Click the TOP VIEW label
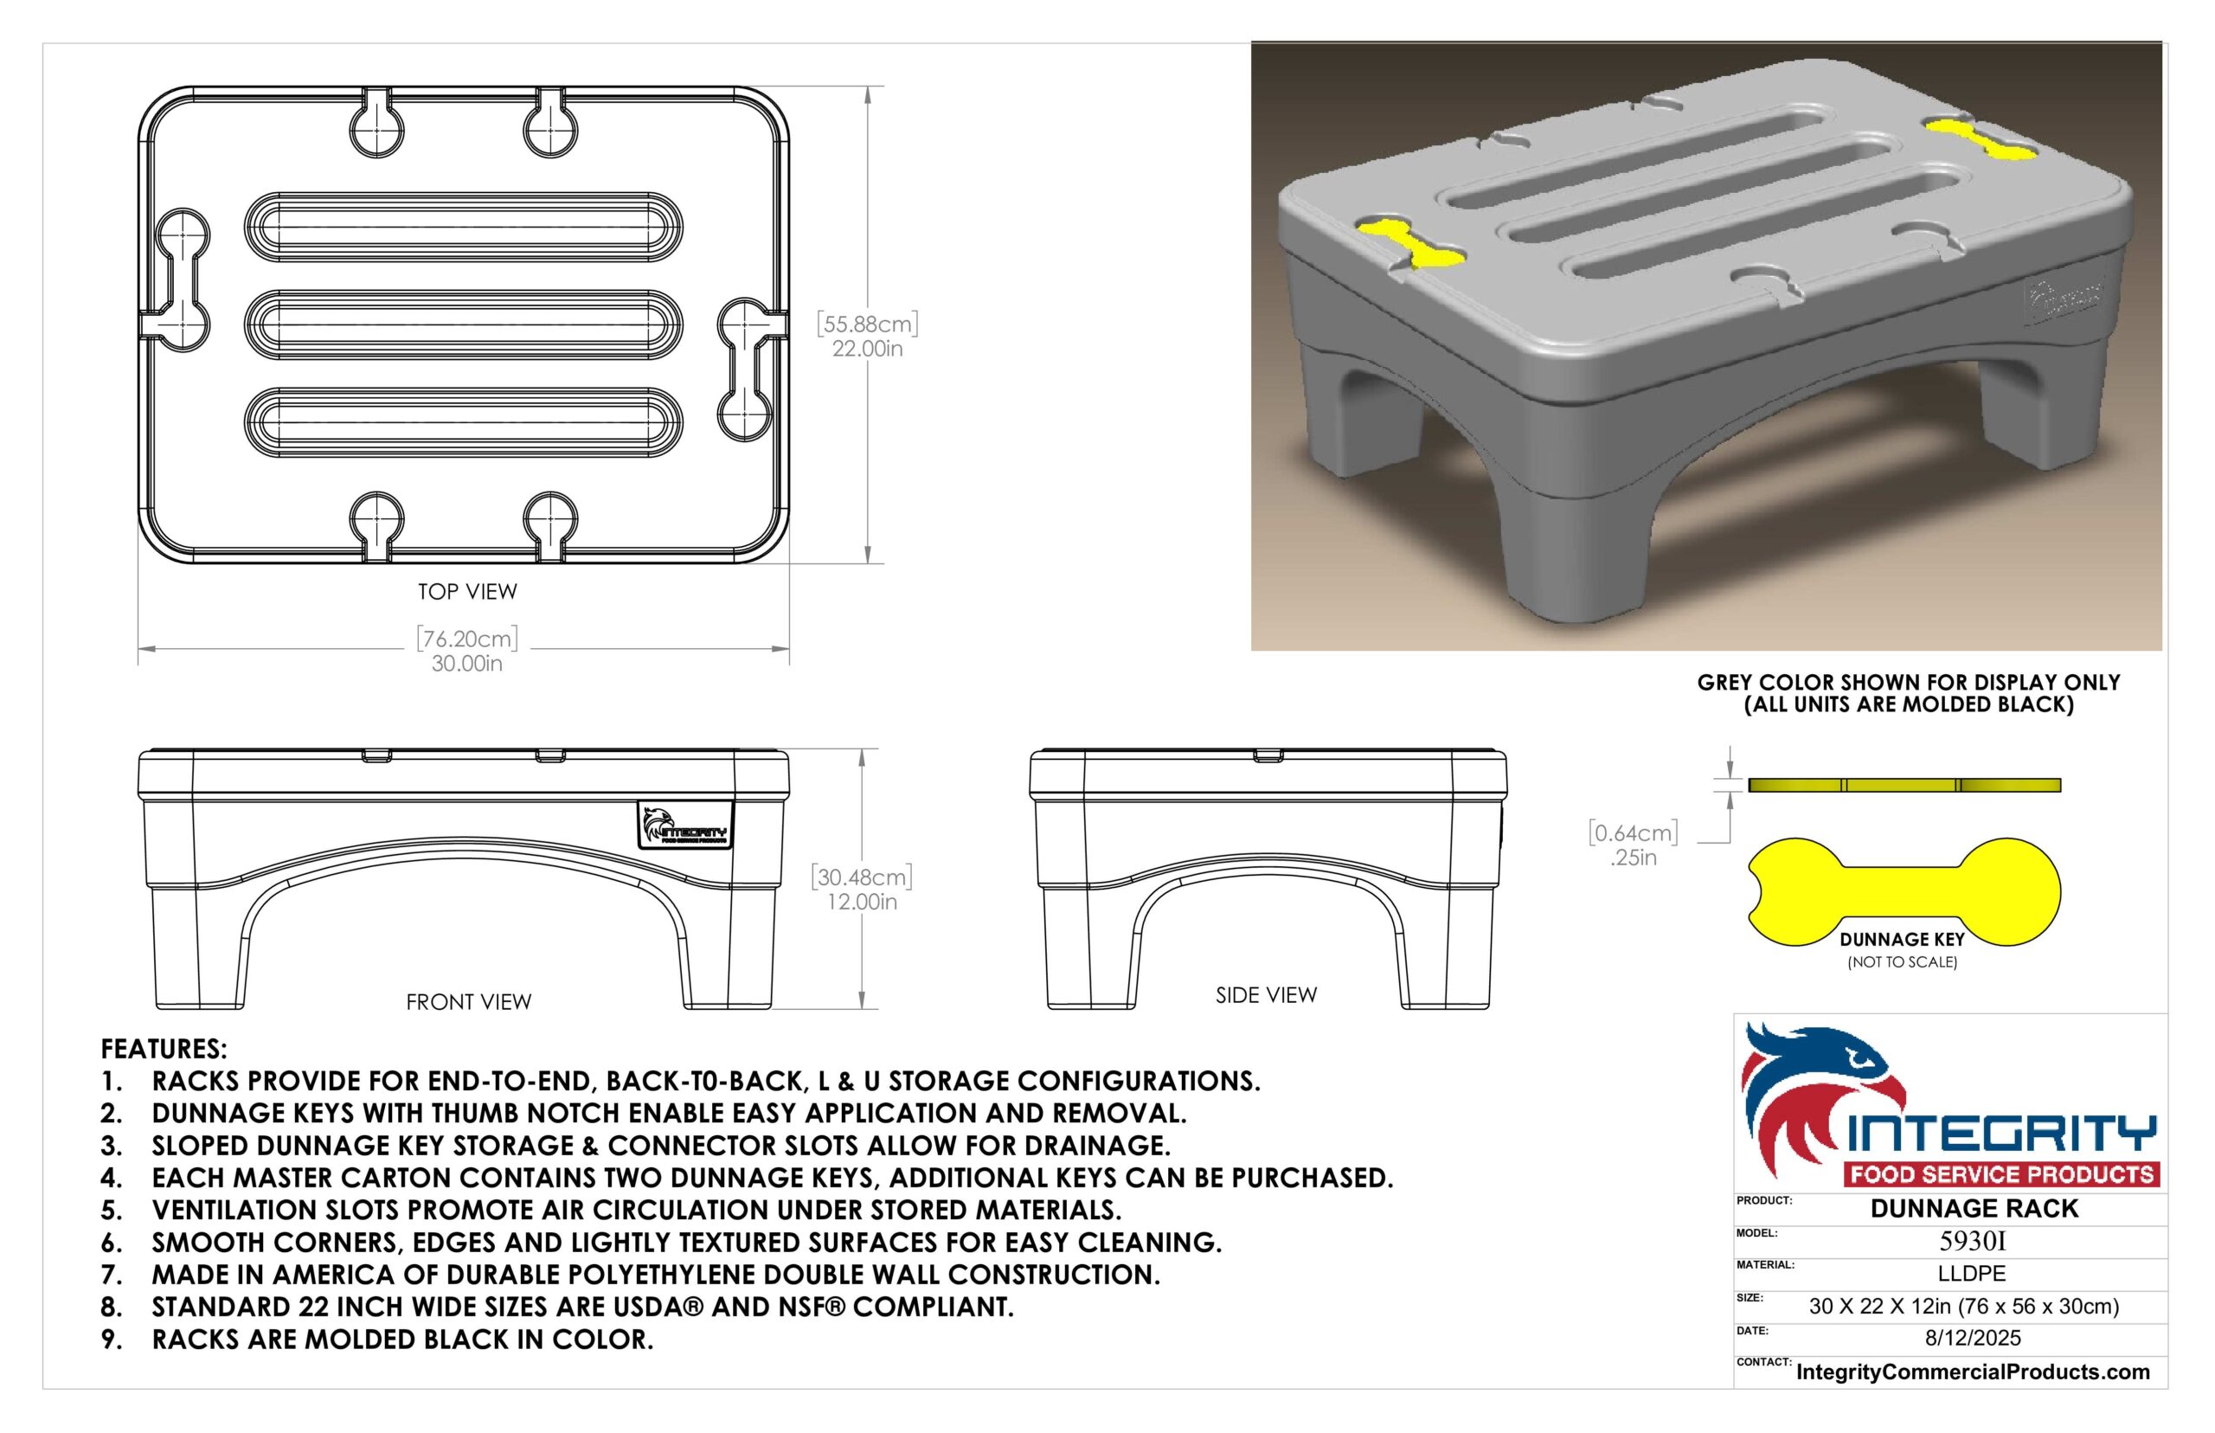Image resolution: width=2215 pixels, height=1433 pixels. click(467, 592)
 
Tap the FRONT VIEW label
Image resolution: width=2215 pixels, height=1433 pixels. click(469, 1002)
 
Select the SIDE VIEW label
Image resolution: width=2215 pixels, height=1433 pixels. click(1266, 996)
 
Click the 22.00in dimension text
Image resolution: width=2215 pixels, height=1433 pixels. click(867, 349)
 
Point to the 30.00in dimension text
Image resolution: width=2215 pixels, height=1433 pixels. click(467, 664)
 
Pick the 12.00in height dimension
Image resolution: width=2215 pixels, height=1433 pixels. click(863, 902)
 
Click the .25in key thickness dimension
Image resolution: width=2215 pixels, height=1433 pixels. click(1634, 858)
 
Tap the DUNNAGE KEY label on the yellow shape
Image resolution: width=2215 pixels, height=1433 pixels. click(1903, 940)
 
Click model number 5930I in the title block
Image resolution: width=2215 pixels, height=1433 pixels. click(1972, 1241)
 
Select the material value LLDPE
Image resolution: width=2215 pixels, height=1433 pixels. click(1972, 1274)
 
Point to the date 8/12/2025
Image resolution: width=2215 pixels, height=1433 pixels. click(1973, 1338)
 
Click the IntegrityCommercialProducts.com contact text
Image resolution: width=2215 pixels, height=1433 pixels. click(1973, 1372)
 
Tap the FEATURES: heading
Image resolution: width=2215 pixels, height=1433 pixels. click(164, 1049)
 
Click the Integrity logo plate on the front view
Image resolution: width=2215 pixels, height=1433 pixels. click(684, 826)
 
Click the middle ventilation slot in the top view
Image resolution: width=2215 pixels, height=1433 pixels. click(463, 325)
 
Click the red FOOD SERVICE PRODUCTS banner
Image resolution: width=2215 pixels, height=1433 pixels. click(2002, 1174)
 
